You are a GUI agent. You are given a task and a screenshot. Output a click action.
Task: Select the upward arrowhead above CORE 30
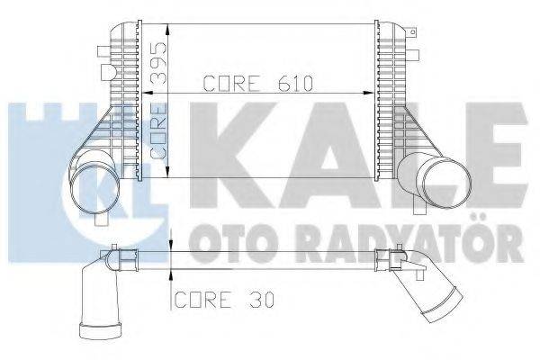point(171,273)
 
